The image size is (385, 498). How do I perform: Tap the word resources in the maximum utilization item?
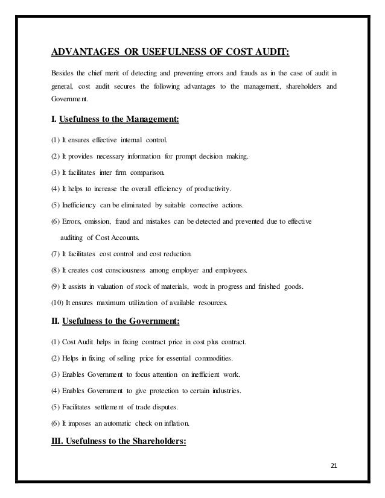click(208, 303)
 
